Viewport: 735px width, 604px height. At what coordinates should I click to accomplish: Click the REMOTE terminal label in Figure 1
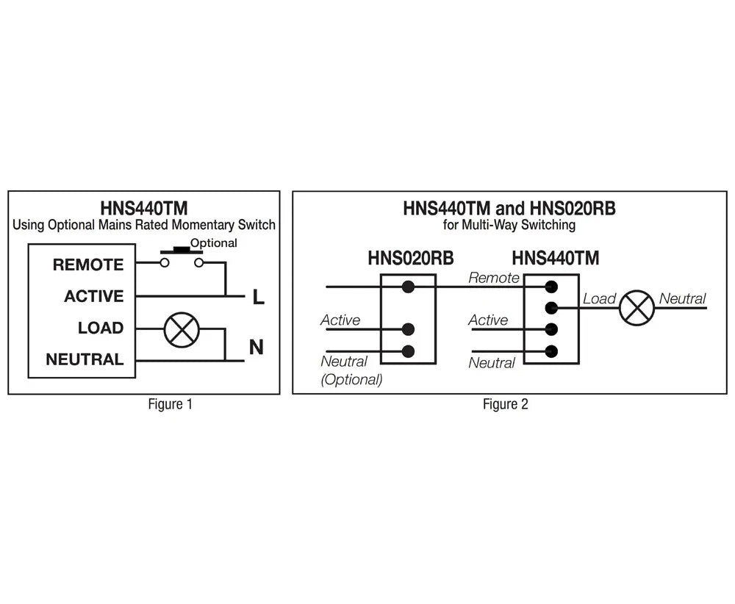pyautogui.click(x=88, y=265)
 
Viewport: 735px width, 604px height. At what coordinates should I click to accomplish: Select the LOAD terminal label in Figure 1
pyautogui.click(x=101, y=328)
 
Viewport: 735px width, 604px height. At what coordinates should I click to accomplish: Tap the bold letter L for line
pyautogui.click(x=258, y=297)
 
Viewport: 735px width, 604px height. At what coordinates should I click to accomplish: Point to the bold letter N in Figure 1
pyautogui.click(x=257, y=348)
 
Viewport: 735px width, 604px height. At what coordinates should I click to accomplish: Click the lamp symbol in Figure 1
pyautogui.click(x=182, y=330)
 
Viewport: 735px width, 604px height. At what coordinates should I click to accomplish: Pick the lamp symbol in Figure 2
pyautogui.click(x=637, y=308)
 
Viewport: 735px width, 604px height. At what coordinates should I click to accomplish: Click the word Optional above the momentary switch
pyautogui.click(x=214, y=242)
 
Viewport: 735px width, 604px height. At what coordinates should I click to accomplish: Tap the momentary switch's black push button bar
pyautogui.click(x=182, y=251)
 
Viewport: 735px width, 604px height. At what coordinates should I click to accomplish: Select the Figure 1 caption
pyautogui.click(x=171, y=404)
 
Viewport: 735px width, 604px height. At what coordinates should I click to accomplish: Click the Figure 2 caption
pyautogui.click(x=506, y=404)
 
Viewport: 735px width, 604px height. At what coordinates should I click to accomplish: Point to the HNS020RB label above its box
pyautogui.click(x=411, y=258)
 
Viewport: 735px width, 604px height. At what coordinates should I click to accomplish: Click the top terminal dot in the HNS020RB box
pyautogui.click(x=408, y=287)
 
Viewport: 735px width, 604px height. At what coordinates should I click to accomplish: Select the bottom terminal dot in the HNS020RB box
pyautogui.click(x=408, y=351)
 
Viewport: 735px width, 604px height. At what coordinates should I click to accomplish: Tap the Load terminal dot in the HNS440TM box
pyautogui.click(x=552, y=308)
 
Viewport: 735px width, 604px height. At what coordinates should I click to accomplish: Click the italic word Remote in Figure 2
pyautogui.click(x=494, y=278)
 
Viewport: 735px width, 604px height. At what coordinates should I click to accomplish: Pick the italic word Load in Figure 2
pyautogui.click(x=599, y=298)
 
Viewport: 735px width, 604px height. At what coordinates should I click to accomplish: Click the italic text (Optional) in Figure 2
pyautogui.click(x=351, y=380)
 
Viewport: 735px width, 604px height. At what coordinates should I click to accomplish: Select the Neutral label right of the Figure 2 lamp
pyautogui.click(x=683, y=298)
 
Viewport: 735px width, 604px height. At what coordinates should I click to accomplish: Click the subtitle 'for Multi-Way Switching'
pyautogui.click(x=509, y=225)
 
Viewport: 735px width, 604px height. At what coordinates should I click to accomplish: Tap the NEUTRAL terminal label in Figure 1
pyautogui.click(x=85, y=359)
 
